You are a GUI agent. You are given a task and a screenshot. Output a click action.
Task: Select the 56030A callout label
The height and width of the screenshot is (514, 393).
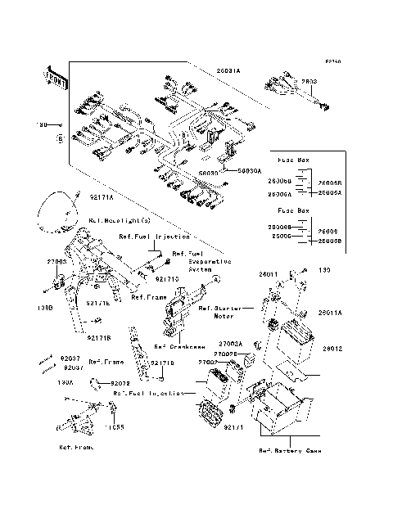[x=250, y=173]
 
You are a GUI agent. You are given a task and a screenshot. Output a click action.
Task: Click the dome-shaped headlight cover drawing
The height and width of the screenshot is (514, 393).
[x=59, y=208]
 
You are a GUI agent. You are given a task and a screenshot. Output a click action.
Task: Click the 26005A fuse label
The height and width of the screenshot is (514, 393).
[x=330, y=193]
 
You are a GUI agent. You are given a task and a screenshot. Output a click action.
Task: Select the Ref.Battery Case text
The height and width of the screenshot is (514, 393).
[x=291, y=451]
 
